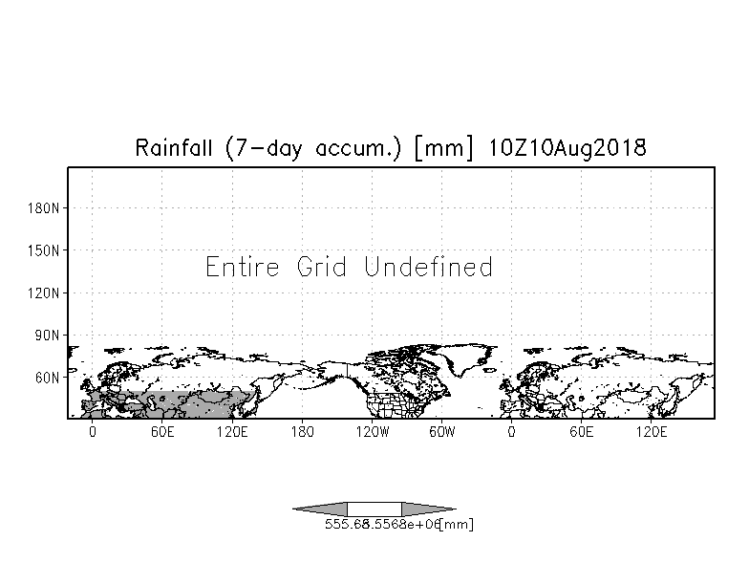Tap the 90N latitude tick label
pyautogui.click(x=48, y=336)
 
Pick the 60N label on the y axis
pyautogui.click(x=48, y=378)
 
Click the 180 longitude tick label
pyautogui.click(x=302, y=432)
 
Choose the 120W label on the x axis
pyautogui.click(x=372, y=432)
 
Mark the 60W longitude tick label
pyautogui.click(x=441, y=432)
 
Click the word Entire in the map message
pyautogui.click(x=243, y=267)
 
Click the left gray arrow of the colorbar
pyautogui.click(x=320, y=509)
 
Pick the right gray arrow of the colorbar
pyautogui.click(x=429, y=509)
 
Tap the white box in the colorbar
pyautogui.click(x=374, y=509)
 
